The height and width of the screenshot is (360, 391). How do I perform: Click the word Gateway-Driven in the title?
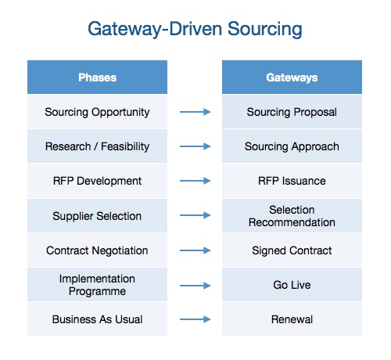click(155, 29)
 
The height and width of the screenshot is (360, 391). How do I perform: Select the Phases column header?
click(97, 77)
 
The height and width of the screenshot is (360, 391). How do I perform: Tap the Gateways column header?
click(292, 77)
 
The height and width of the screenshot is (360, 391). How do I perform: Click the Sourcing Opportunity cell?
click(97, 112)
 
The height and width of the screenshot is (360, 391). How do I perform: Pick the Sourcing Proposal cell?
click(292, 112)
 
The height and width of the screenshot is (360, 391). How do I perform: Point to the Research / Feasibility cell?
click(97, 146)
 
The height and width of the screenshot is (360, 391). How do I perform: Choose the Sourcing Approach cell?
click(292, 146)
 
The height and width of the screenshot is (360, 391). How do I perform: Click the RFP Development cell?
click(97, 181)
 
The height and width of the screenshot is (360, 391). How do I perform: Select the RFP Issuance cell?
click(292, 181)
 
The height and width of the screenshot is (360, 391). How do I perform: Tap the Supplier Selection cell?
click(97, 215)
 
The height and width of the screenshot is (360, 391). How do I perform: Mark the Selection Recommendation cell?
click(292, 215)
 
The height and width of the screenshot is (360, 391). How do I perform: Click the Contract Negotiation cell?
click(97, 250)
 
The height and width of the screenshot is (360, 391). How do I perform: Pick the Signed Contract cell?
click(292, 250)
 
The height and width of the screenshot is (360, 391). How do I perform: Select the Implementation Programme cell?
click(97, 285)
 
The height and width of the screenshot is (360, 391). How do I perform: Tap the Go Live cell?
click(292, 285)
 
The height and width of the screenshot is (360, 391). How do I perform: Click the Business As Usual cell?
click(97, 319)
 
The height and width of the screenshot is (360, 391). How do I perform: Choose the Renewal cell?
click(292, 319)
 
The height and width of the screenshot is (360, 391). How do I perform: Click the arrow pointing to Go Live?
click(195, 286)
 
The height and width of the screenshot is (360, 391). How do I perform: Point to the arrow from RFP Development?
click(195, 181)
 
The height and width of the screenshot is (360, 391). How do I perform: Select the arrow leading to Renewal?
click(195, 319)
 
